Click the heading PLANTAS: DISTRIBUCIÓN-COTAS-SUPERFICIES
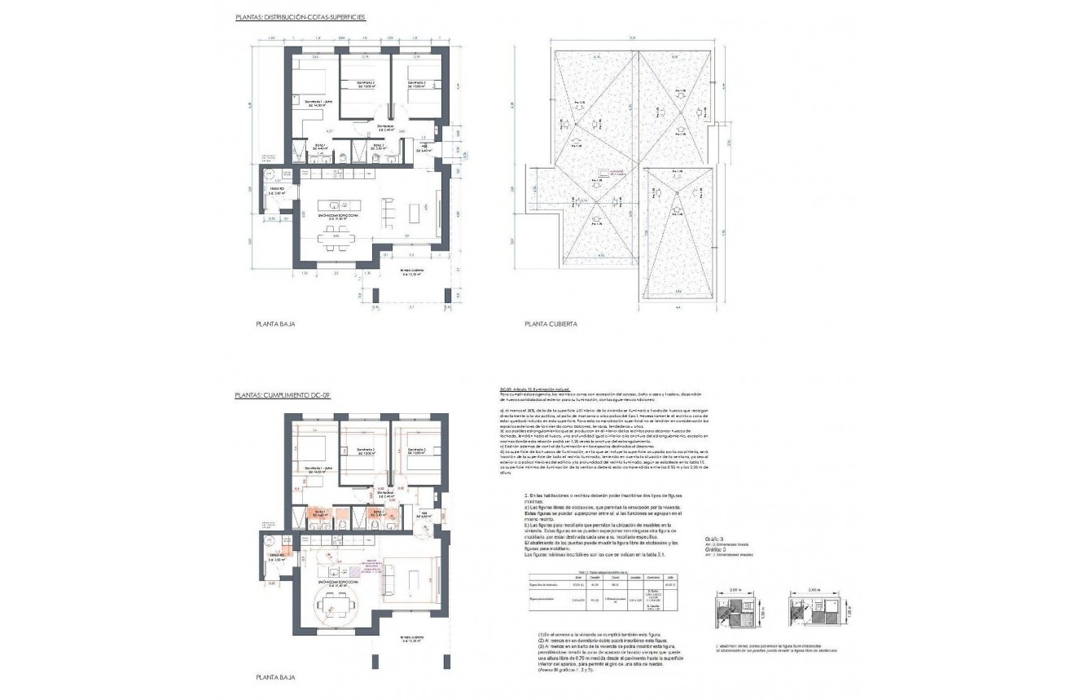tap(300, 15)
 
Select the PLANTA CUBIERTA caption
tap(551, 324)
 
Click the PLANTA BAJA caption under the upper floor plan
tap(275, 324)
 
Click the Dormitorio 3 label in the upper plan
tap(417, 84)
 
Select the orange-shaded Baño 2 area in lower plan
tap(378, 514)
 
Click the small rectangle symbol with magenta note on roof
tap(605, 173)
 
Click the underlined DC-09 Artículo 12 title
tap(536, 390)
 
